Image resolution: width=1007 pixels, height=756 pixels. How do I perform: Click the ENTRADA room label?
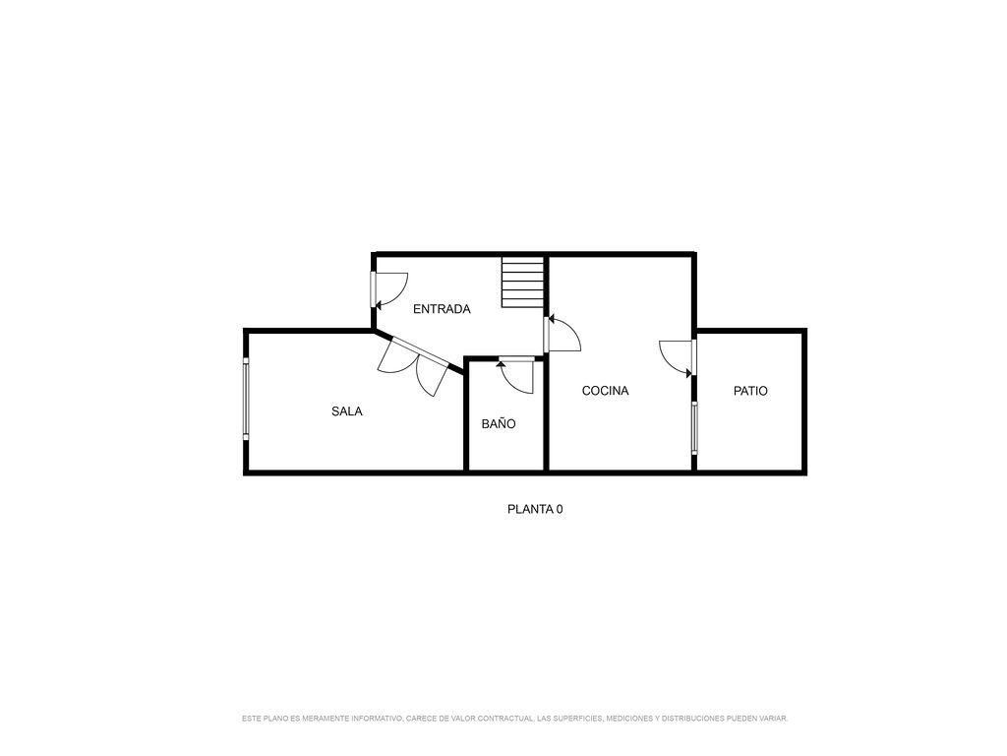coord(442,309)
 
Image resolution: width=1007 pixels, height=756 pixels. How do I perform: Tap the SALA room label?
coord(346,411)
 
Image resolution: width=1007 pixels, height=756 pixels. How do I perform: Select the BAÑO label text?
coord(499,424)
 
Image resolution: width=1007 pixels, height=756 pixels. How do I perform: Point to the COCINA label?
coord(605,391)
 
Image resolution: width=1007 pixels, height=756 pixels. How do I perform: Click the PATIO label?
coord(750,391)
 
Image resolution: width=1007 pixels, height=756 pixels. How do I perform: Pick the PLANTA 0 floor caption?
coord(535,509)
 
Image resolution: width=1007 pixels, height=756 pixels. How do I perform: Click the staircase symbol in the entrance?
coord(522,283)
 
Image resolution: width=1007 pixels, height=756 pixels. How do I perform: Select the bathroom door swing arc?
coord(516,376)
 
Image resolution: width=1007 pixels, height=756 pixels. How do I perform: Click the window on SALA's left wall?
coord(246,398)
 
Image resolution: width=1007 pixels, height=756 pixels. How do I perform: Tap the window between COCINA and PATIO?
coord(694,427)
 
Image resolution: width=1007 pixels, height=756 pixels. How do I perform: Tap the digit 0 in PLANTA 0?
coord(560,509)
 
